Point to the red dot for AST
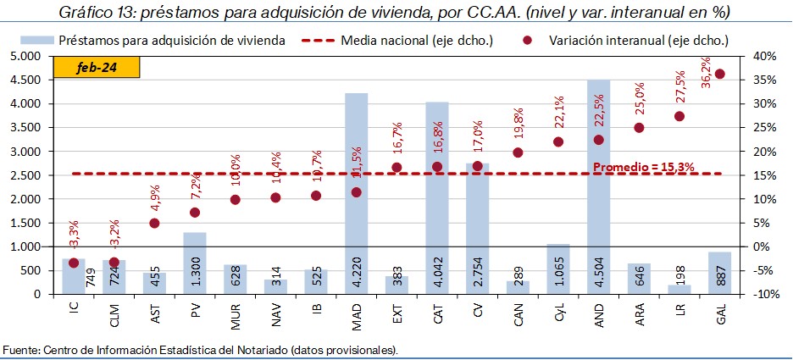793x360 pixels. (154, 224)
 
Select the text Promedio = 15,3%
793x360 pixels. (643, 167)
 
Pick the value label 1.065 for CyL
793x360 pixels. (557, 277)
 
